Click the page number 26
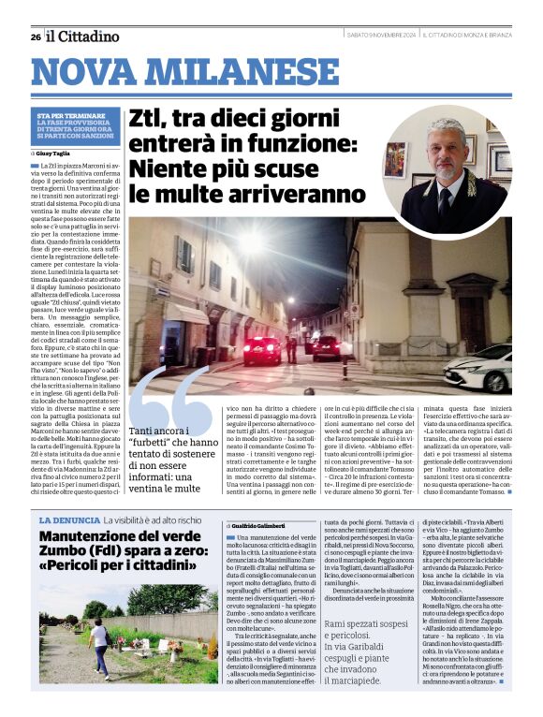tap(35, 37)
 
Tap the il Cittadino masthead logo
tap(83, 37)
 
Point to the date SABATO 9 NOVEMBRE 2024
tap(380, 37)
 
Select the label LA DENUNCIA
tap(68, 519)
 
